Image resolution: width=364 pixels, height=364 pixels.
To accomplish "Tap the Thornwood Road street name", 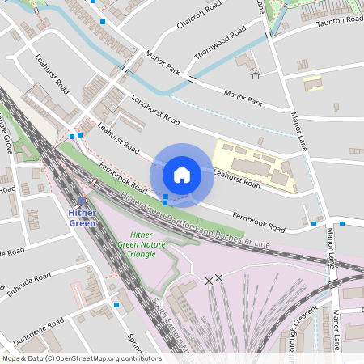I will (220, 44).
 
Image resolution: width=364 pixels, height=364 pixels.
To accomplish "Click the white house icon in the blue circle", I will (182, 173).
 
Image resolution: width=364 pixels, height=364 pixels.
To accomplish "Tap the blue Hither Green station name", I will (83, 218).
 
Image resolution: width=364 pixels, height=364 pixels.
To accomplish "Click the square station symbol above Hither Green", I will (83, 201).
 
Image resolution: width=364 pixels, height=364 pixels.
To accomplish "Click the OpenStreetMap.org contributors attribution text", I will (107, 358).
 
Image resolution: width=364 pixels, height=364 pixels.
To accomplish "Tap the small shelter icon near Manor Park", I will (256, 76).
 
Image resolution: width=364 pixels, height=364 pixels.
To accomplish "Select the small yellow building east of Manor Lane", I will (313, 83).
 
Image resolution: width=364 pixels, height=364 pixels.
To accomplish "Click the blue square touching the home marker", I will (166, 197).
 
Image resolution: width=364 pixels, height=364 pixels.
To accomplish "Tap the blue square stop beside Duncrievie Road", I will (117, 305).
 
